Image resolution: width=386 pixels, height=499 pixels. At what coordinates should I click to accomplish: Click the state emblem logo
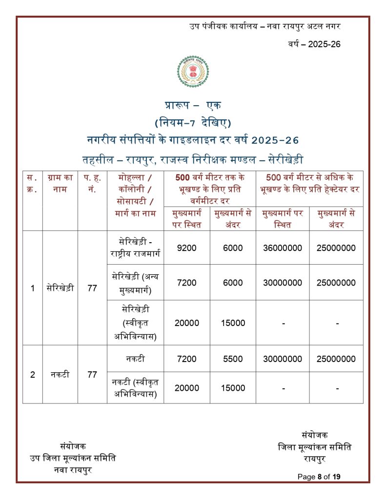point(193,75)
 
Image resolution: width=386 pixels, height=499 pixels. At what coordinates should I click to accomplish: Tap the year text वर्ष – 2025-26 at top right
point(313,44)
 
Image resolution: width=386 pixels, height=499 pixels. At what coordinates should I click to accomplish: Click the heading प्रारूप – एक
point(193,105)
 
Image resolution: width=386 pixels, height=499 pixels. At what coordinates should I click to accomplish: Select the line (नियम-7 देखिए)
point(193,122)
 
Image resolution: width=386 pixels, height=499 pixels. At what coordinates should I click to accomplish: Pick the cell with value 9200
point(187,248)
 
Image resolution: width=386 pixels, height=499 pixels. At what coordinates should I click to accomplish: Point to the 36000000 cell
point(282,248)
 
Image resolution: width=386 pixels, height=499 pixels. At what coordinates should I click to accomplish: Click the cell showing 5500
point(233,359)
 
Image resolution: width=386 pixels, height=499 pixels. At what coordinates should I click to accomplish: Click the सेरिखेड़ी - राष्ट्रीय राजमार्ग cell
point(135,248)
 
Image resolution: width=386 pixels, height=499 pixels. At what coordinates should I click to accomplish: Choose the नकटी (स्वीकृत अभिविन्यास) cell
point(135,388)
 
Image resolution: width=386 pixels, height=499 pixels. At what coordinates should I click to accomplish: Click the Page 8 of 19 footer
point(319,477)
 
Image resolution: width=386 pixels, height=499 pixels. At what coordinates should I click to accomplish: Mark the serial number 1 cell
point(33,288)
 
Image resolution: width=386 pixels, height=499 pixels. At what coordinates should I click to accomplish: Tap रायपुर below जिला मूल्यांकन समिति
point(314,459)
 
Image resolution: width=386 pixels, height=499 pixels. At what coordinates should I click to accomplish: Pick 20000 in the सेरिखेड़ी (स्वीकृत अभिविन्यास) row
point(187,323)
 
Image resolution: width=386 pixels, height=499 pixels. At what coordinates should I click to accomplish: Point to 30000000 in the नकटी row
point(282,359)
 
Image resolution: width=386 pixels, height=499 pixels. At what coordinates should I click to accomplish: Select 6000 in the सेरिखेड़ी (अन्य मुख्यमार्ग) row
point(233,283)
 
